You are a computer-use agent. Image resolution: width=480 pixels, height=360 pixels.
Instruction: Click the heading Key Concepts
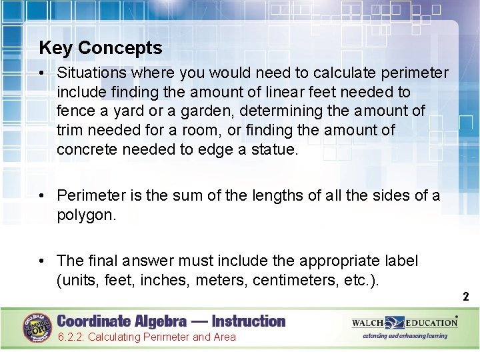[100, 48]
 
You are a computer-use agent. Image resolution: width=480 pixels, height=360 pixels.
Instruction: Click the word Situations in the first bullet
[87, 73]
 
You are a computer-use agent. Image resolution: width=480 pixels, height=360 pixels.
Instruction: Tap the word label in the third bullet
[399, 260]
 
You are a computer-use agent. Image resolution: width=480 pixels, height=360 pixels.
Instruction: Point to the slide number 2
[466, 297]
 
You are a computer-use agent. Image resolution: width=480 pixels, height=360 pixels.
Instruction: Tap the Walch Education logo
[404, 323]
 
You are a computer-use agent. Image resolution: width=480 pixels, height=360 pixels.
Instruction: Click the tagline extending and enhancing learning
[405, 336]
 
